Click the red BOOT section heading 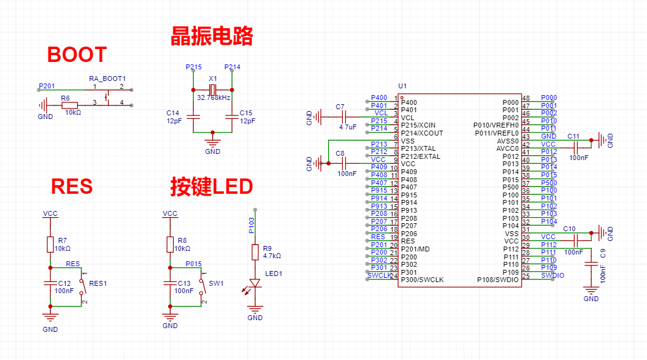pyautogui.click(x=77, y=55)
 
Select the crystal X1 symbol pyautogui.click(x=212, y=90)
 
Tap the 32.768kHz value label pyautogui.click(x=213, y=98)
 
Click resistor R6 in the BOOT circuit pyautogui.click(x=70, y=105)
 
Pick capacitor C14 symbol pyautogui.click(x=193, y=116)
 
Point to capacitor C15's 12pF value pyautogui.click(x=247, y=121)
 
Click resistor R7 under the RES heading pyautogui.click(x=50, y=245)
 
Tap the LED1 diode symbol pyautogui.click(x=255, y=283)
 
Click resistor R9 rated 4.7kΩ pyautogui.click(x=255, y=252)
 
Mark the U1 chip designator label pyautogui.click(x=402, y=86)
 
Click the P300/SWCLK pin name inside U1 pyautogui.click(x=422, y=280)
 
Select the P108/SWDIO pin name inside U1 pyautogui.click(x=497, y=280)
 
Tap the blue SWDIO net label pyautogui.click(x=553, y=276)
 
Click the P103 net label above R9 pyautogui.click(x=251, y=225)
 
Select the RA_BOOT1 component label pyautogui.click(x=107, y=79)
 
